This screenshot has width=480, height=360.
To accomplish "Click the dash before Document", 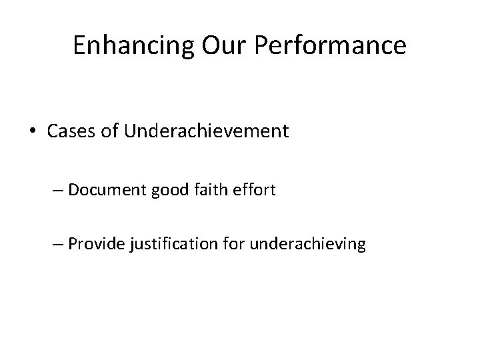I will (x=58, y=190).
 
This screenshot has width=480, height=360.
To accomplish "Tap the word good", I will (x=171, y=191).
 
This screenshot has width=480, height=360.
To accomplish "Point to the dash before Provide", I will (x=58, y=245).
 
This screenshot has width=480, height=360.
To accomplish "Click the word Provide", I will (x=93, y=245).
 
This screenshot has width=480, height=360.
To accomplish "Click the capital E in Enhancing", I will (x=79, y=46).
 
